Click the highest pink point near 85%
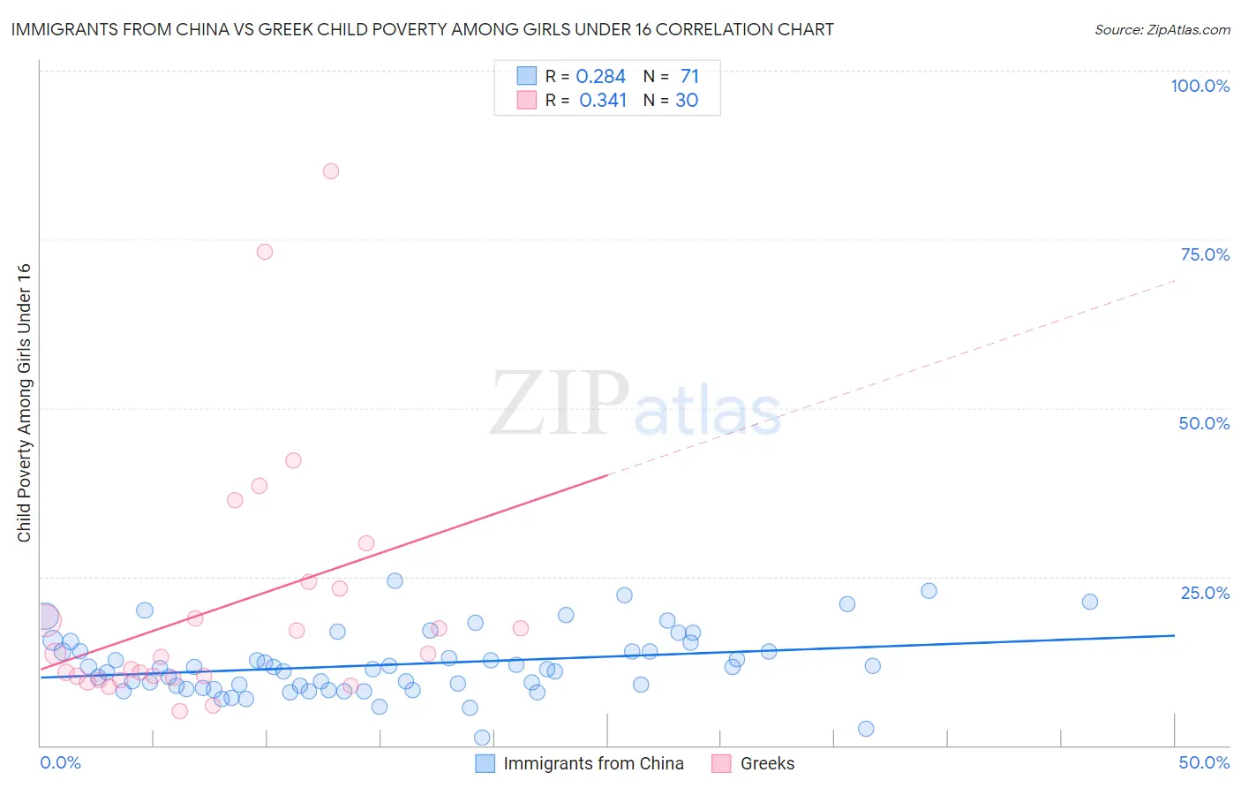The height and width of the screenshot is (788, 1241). pyautogui.click(x=331, y=171)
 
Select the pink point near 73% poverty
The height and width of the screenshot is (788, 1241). pyautogui.click(x=265, y=252)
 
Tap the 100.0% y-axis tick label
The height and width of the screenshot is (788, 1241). pyautogui.click(x=1200, y=86)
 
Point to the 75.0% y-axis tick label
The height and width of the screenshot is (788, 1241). pyautogui.click(x=1205, y=254)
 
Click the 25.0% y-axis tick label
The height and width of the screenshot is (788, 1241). pyautogui.click(x=1205, y=593)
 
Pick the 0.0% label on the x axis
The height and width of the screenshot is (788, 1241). pyautogui.click(x=60, y=762)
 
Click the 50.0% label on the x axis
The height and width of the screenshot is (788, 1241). pyautogui.click(x=1204, y=762)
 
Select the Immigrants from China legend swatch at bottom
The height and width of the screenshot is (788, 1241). pyautogui.click(x=485, y=763)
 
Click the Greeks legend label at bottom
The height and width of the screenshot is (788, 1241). pyautogui.click(x=767, y=763)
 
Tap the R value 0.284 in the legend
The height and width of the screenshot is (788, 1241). pyautogui.click(x=600, y=77)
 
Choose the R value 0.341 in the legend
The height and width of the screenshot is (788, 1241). pyautogui.click(x=603, y=101)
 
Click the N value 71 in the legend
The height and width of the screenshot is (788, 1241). pyautogui.click(x=689, y=77)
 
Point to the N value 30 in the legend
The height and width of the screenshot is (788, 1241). pyautogui.click(x=687, y=101)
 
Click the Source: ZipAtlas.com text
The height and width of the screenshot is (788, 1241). pyautogui.click(x=1162, y=30)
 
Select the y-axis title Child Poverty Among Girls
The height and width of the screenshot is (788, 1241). pyautogui.click(x=24, y=403)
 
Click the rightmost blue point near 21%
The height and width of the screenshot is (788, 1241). pyautogui.click(x=1090, y=602)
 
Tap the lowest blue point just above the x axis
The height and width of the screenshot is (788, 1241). pyautogui.click(x=482, y=738)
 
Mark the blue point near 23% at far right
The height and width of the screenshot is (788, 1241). pyautogui.click(x=929, y=591)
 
